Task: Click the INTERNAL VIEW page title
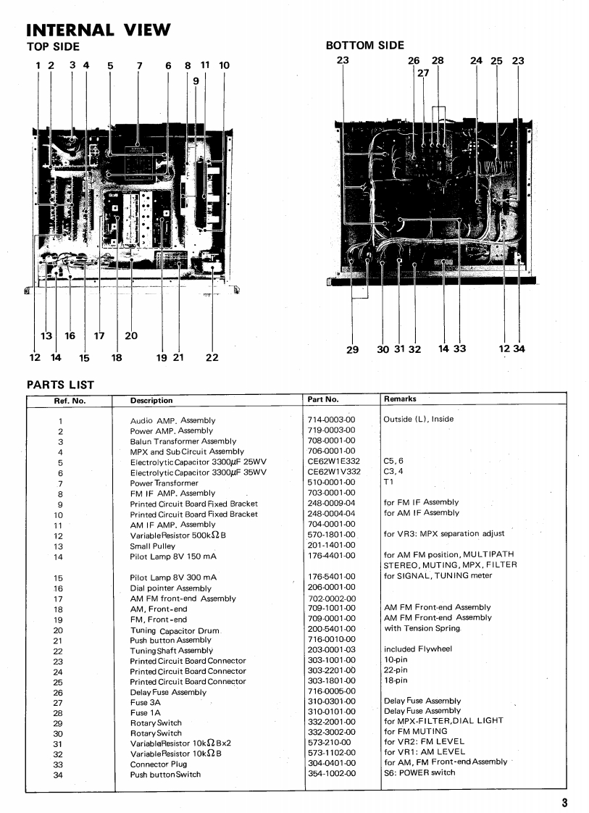(x=99, y=30)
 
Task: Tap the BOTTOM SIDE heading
(x=365, y=46)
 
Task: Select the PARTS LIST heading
(x=60, y=385)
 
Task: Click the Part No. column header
(x=323, y=399)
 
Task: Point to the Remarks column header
(x=400, y=399)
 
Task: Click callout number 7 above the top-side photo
(x=139, y=66)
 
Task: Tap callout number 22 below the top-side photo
(x=212, y=357)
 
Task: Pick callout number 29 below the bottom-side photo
(x=352, y=349)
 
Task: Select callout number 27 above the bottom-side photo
(x=423, y=72)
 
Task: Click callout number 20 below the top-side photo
(x=131, y=335)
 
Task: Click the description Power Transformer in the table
(x=164, y=483)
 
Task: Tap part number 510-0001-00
(x=331, y=482)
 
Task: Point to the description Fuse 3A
(x=146, y=702)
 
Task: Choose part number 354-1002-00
(x=331, y=774)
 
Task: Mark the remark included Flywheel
(x=418, y=649)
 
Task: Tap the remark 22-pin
(x=395, y=670)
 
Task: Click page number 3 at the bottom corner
(x=564, y=801)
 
